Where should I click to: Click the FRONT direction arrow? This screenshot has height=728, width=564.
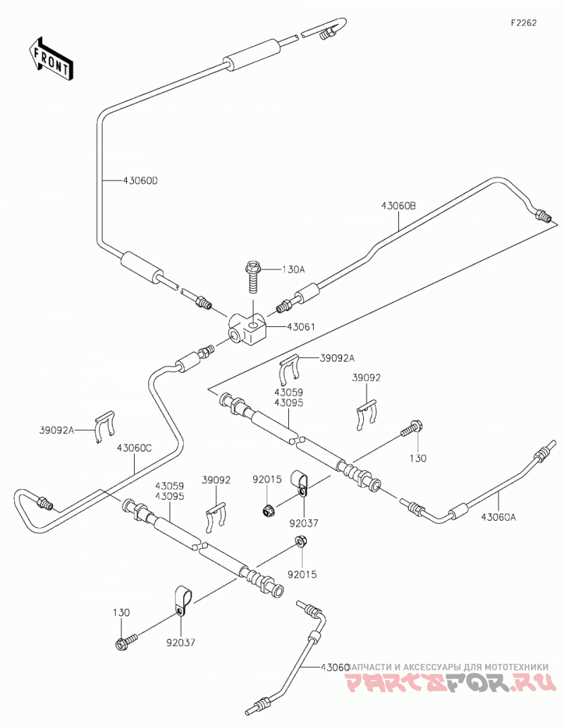click(50, 58)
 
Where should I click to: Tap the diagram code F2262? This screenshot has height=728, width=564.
click(524, 23)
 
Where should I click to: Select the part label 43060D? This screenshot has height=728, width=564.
click(141, 180)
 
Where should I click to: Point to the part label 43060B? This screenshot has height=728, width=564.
click(398, 206)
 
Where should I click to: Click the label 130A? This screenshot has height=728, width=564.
click(293, 269)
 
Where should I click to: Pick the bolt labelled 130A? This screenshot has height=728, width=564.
click(253, 277)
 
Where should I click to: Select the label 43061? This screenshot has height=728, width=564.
click(300, 327)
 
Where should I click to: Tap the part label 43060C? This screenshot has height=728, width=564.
click(134, 448)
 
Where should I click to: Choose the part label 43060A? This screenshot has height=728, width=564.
click(498, 517)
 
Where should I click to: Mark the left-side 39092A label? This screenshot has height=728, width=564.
click(56, 430)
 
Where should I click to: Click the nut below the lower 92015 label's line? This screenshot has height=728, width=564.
click(300, 542)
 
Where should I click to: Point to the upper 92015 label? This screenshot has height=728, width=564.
click(267, 480)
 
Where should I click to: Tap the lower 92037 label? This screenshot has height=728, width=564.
click(180, 643)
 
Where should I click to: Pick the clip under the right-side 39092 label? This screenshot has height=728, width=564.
click(367, 415)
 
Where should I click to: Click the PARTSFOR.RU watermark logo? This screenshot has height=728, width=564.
click(450, 682)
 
